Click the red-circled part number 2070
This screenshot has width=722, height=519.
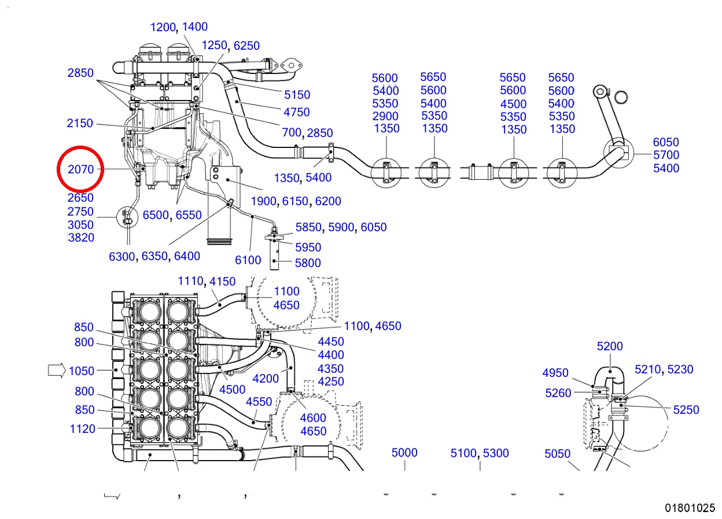(80, 169)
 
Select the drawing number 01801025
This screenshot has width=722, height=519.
(690, 508)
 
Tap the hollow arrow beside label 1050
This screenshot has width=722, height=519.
(57, 370)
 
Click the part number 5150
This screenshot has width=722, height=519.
(297, 95)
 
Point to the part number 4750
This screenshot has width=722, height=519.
(296, 112)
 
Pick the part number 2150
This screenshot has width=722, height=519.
(80, 123)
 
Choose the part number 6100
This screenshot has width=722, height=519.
(248, 260)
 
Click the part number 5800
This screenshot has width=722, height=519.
(308, 263)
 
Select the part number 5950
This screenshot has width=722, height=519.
(308, 247)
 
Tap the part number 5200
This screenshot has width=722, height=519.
(610, 346)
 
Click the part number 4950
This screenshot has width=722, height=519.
(555, 373)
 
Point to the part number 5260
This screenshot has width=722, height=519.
(558, 393)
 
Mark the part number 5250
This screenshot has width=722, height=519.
(686, 410)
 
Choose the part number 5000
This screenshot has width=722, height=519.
(404, 453)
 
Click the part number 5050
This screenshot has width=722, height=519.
(558, 454)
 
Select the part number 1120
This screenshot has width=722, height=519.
(83, 429)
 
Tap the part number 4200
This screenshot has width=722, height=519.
(266, 379)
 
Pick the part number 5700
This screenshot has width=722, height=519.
(666, 155)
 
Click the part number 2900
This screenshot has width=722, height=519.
(385, 116)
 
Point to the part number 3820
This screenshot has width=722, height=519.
(81, 238)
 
